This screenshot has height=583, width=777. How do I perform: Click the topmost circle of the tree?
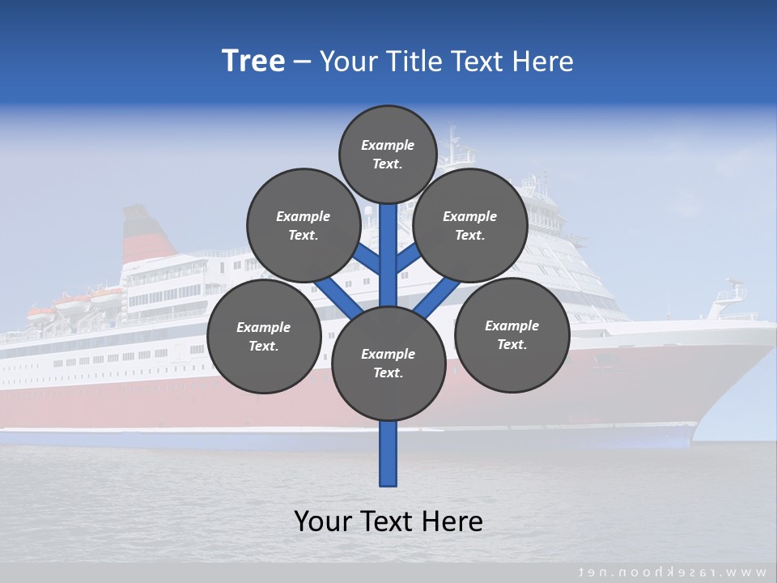[x=388, y=154]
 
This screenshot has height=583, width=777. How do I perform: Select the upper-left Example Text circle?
[x=304, y=225]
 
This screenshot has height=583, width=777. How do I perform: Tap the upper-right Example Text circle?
[x=470, y=225]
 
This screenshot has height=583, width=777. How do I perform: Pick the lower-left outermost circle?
[x=264, y=336]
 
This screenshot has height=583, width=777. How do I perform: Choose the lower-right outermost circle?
[x=512, y=334]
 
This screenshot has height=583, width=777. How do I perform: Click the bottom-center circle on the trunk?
[x=388, y=363]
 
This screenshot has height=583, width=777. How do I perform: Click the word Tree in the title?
[x=253, y=61]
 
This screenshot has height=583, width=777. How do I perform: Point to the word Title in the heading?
[x=415, y=62]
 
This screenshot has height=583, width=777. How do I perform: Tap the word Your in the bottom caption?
[x=324, y=521]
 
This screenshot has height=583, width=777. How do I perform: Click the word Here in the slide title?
[x=545, y=62]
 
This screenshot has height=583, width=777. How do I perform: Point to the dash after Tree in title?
[x=302, y=62]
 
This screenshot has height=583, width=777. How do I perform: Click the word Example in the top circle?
[x=388, y=145]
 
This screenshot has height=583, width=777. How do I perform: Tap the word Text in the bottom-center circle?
[x=387, y=372]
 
